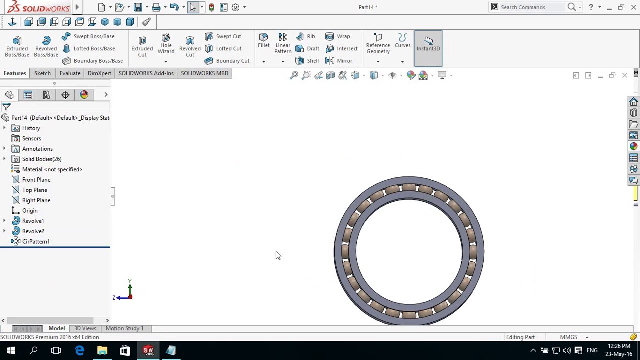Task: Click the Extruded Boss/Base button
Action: point(17,46)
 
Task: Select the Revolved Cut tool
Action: point(190,46)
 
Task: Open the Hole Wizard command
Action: point(166,45)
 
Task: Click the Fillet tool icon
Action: point(263,40)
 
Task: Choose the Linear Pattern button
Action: point(282,43)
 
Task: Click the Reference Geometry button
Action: point(378,44)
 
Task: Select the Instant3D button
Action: point(428,44)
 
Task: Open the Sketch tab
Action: point(42,73)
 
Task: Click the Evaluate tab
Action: point(70,73)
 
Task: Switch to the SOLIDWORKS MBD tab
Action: point(204,73)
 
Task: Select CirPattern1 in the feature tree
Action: point(36,242)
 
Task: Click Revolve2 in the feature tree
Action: point(33,231)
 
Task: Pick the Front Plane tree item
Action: point(36,180)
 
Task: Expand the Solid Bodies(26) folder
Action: point(4,159)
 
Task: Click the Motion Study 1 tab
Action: point(124,328)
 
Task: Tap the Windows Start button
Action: point(11,351)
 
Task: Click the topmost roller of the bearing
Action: point(409,188)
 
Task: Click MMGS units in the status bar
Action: point(568,337)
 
